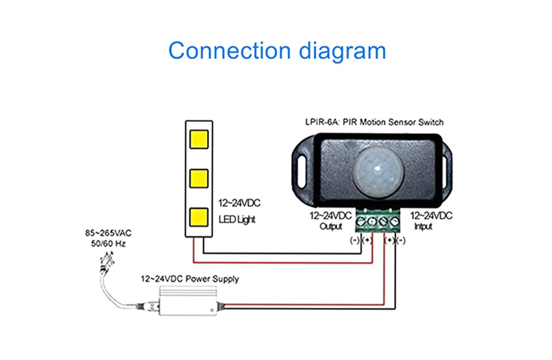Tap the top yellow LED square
point(199,139)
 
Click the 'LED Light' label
point(237,220)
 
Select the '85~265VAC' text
point(108,234)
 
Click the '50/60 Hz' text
point(108,243)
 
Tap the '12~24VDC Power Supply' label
point(189,279)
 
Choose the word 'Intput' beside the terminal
point(423,227)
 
